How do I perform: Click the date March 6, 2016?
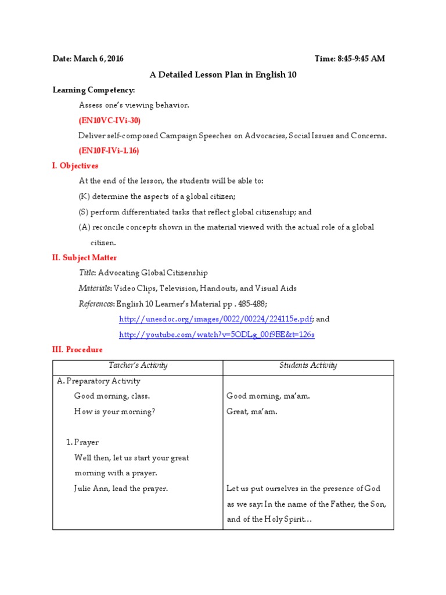(x=88, y=59)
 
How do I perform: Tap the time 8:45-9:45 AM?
(x=349, y=59)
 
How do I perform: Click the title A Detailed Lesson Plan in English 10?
(x=223, y=74)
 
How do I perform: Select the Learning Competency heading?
(x=93, y=90)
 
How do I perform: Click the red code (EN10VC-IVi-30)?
(x=109, y=120)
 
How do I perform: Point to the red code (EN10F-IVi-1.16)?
(x=109, y=150)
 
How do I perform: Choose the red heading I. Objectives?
(x=75, y=166)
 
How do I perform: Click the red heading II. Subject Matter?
(x=84, y=257)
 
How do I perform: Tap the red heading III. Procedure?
(x=77, y=349)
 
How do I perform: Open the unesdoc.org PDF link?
(x=215, y=319)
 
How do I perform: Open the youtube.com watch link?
(x=217, y=335)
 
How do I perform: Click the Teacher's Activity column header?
(x=138, y=365)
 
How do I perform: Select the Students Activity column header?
(x=308, y=365)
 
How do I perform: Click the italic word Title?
(x=87, y=273)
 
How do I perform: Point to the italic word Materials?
(x=95, y=288)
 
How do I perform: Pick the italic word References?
(x=96, y=303)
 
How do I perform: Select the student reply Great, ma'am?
(x=252, y=412)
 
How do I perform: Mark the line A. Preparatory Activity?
(x=99, y=381)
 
